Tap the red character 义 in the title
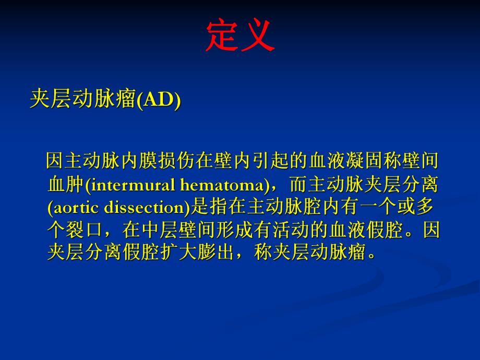point(257,37)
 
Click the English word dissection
point(143,207)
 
